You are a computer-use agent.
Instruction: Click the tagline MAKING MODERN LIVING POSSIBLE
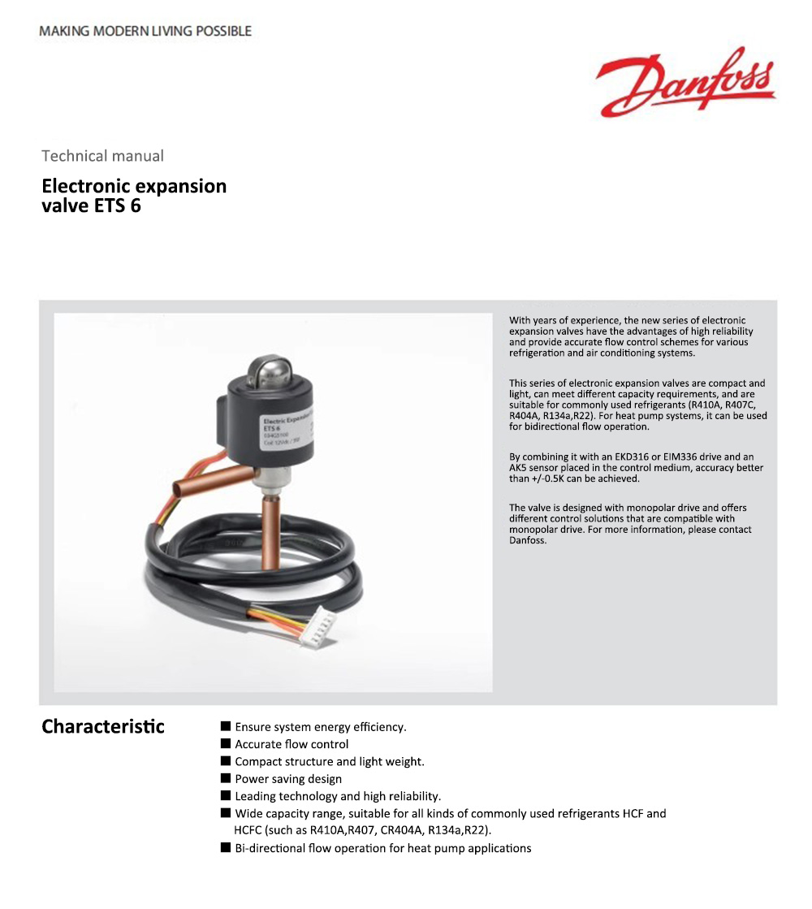(x=145, y=31)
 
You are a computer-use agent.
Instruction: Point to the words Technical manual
(x=102, y=156)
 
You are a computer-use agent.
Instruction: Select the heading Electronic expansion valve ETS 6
(x=134, y=196)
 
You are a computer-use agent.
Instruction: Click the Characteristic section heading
(x=103, y=726)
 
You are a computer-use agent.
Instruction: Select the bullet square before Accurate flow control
(x=226, y=744)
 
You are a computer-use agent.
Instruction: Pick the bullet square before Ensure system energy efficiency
(x=226, y=726)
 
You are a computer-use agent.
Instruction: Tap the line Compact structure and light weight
(x=330, y=761)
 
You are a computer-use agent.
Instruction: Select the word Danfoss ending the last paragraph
(x=528, y=540)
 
